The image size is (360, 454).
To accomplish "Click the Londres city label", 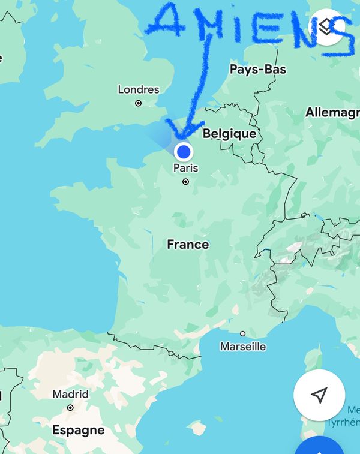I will (139, 90).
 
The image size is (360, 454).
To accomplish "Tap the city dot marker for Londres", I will (139, 103).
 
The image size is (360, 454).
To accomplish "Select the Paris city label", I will (185, 168).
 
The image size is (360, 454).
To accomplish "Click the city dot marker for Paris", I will (185, 181).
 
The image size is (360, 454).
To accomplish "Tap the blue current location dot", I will (184, 151).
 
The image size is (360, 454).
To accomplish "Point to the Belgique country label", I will (229, 134).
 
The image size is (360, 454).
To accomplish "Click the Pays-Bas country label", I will (258, 70).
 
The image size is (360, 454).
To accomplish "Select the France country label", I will (188, 245).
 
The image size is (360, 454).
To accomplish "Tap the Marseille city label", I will (243, 347).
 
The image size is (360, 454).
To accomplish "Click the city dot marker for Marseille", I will (243, 333).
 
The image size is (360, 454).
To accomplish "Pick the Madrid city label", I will (70, 395).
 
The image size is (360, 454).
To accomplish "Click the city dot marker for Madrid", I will (70, 407).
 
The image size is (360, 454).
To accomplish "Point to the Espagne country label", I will (78, 431).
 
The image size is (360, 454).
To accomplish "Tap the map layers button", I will (326, 27).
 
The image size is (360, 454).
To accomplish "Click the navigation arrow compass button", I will (319, 395).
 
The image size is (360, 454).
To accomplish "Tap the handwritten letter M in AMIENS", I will (211, 27).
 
